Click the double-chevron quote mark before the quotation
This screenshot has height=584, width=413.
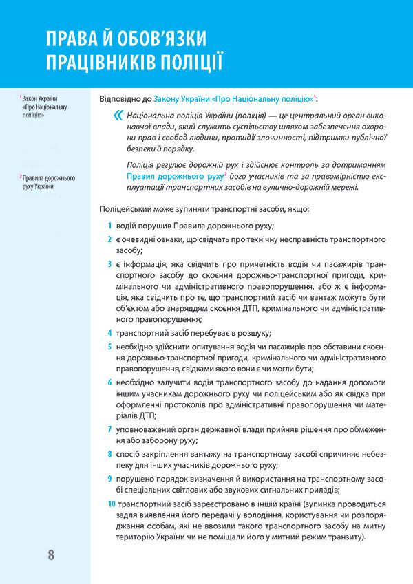120,116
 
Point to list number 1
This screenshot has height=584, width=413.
109,226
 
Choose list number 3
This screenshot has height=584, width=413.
109,263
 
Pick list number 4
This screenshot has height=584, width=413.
109,332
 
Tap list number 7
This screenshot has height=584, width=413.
109,429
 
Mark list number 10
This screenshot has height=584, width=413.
112,504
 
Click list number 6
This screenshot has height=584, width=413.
109,382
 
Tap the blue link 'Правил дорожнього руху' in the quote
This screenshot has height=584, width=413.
174,176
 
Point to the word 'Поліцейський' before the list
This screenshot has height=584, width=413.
126,208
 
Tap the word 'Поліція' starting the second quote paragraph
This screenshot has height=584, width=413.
142,165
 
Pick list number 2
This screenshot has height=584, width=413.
109,239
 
